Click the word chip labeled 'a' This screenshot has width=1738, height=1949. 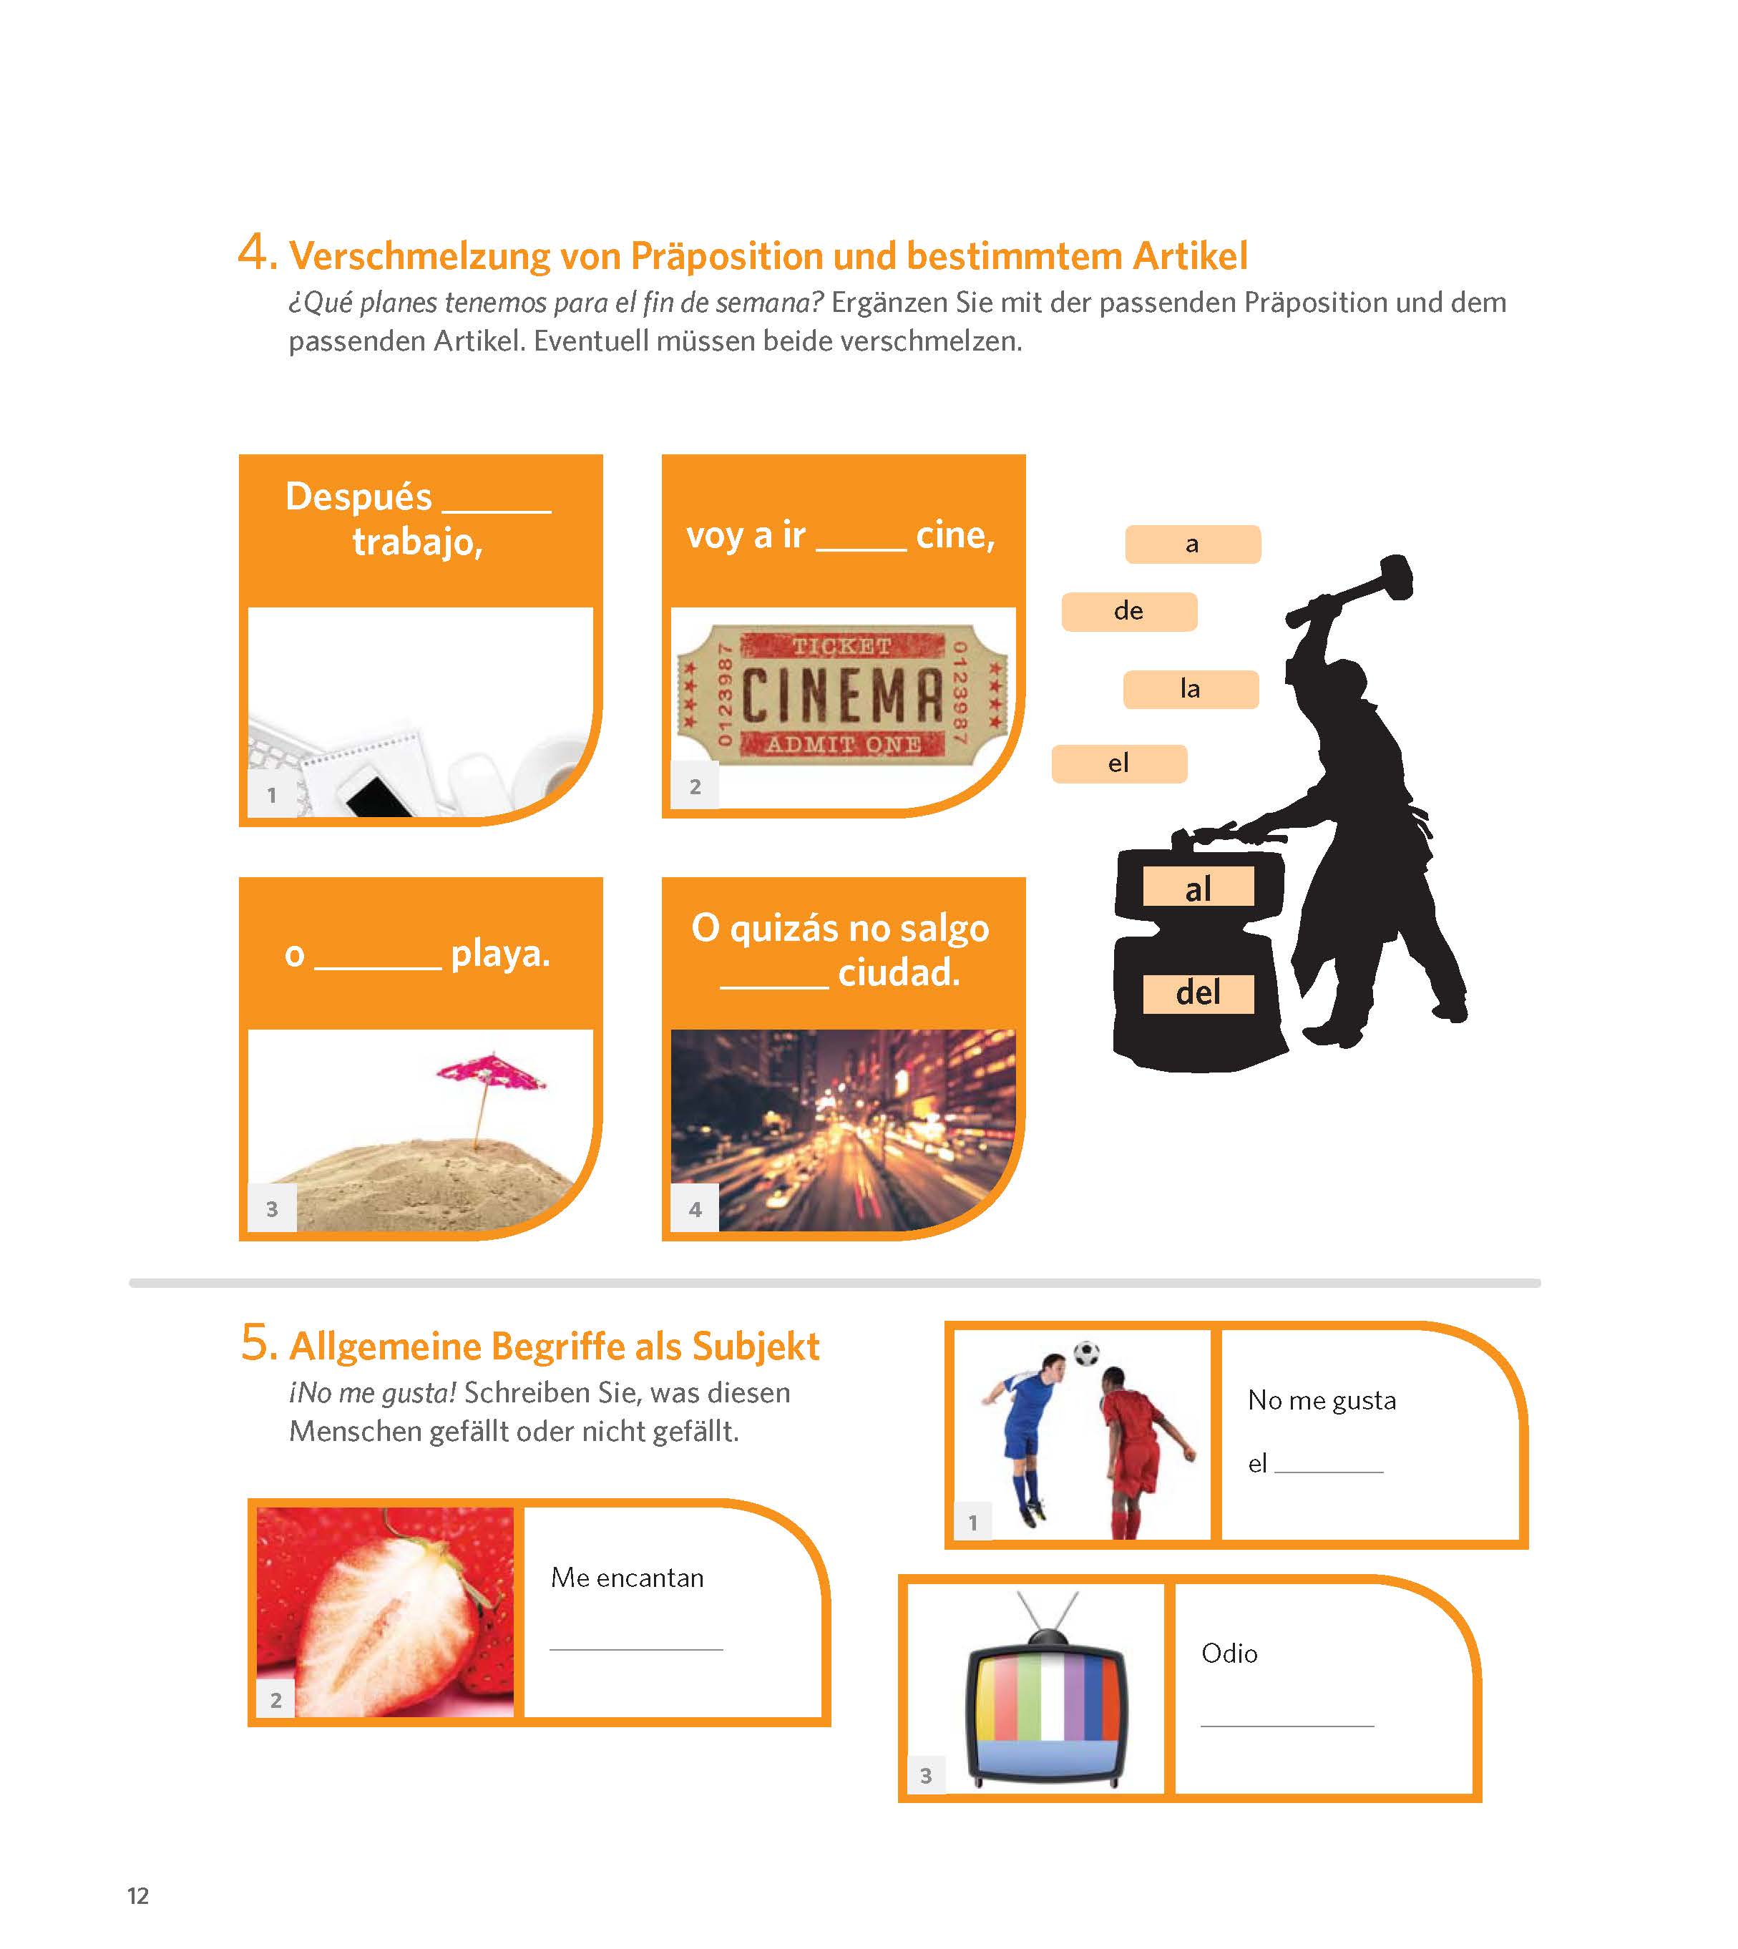click(1193, 544)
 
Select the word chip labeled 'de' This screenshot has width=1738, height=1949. click(1129, 611)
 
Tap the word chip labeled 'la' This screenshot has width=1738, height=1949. click(1191, 688)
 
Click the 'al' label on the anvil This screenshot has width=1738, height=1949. click(1198, 887)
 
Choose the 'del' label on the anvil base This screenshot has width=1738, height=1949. click(1198, 993)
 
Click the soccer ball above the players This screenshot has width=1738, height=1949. click(1087, 1353)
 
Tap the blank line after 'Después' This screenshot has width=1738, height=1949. click(497, 511)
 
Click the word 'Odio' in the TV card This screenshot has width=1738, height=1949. click(1229, 1653)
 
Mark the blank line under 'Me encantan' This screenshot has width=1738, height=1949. click(636, 1649)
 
